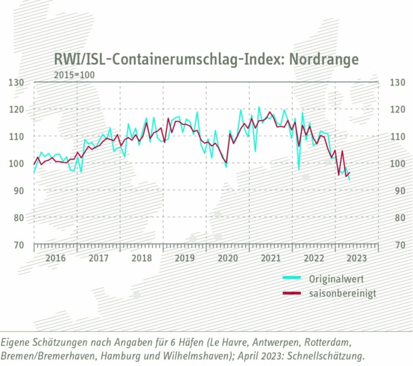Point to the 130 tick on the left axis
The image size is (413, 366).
16,83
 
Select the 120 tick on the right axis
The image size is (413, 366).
398,110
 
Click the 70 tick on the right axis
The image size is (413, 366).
398,245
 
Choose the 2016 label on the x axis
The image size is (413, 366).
55,258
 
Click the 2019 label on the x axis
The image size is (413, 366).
184,258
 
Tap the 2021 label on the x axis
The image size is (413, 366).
270,258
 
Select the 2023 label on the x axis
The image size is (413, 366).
357,258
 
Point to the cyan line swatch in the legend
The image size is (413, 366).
292,278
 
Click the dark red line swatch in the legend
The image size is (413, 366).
292,293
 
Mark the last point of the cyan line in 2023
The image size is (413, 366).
350,179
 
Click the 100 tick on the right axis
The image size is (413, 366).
398,163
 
